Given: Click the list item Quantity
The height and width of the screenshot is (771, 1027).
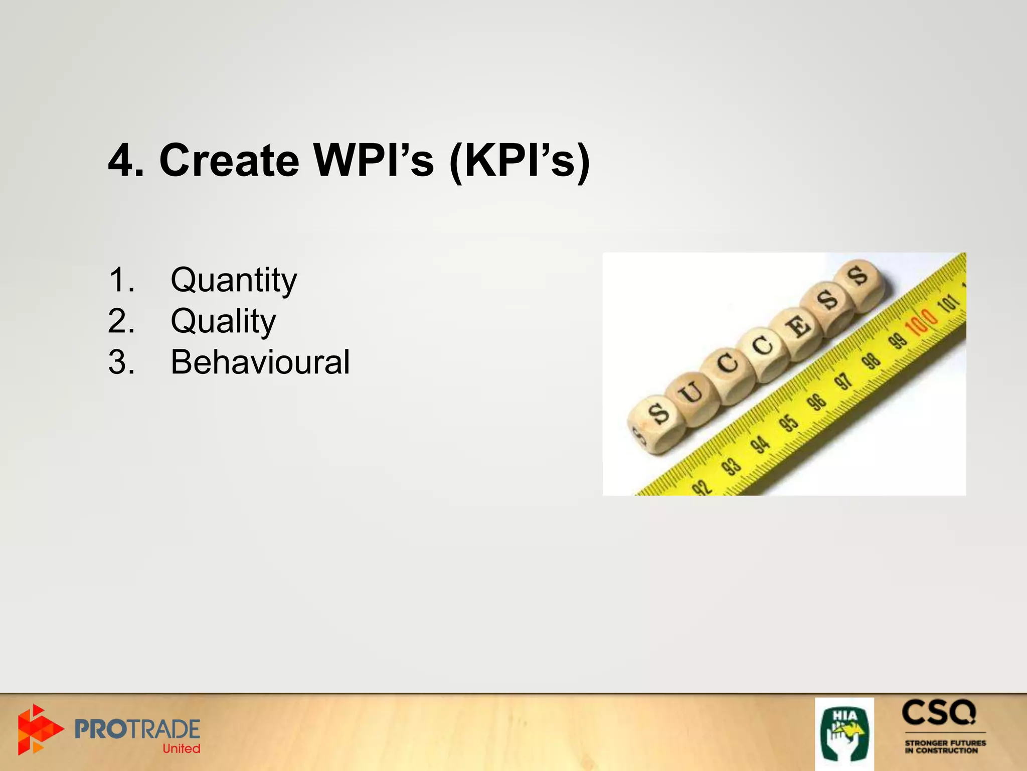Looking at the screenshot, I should tap(234, 280).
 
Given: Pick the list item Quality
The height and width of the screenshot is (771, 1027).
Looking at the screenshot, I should tap(223, 321).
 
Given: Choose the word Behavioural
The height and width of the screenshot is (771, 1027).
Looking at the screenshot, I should tap(260, 362).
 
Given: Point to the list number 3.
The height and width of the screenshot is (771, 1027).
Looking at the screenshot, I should tap(120, 362).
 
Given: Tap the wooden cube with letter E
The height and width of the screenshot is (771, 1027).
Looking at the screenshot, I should tap(797, 328).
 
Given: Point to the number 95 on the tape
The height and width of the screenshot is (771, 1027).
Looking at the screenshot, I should tap(789, 423).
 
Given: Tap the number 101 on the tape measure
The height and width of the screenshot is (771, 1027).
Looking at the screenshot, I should tap(949, 303).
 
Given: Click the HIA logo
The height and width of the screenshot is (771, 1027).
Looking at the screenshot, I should tap(844, 733).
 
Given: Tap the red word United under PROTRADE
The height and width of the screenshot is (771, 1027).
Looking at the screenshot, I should tap(181, 748).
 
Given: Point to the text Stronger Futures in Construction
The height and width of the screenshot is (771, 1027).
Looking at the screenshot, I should tap(945, 746).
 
